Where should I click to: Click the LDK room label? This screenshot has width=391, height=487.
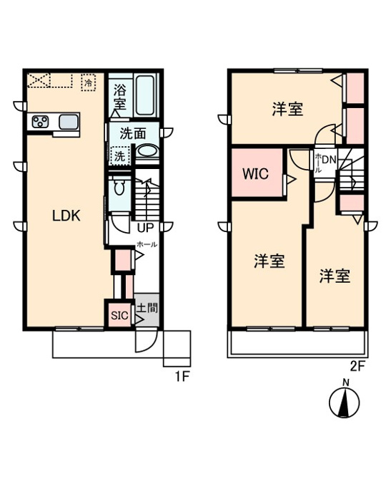pos(66,216)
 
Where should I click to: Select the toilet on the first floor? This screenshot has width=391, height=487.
pos(119,186)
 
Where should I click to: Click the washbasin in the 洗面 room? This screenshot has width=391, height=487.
pos(147,151)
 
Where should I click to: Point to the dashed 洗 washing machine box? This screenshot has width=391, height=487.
pos(120,155)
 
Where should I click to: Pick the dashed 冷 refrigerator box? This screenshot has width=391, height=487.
pos(89,82)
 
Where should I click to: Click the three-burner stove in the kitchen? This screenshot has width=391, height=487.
pos(41,122)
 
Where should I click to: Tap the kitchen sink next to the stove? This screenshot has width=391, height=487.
pos(69,122)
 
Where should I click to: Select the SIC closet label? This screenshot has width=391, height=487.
pos(119,316)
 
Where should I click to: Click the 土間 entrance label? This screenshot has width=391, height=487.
pos(147,308)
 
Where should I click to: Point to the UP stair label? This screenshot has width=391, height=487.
pos(145,228)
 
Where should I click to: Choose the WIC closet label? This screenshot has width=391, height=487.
pos(255,174)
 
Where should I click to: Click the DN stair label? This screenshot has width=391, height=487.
pos(329,160)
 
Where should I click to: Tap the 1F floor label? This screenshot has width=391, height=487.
pos(182,377)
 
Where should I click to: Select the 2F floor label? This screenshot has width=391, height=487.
pos(357,367)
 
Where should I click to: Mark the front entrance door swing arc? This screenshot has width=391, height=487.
pos(150,345)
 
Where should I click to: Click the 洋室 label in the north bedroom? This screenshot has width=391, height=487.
pos(287,110)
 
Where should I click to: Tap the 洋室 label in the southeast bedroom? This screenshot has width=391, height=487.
pos(335,276)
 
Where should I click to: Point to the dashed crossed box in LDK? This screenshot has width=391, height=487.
pos(38,80)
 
